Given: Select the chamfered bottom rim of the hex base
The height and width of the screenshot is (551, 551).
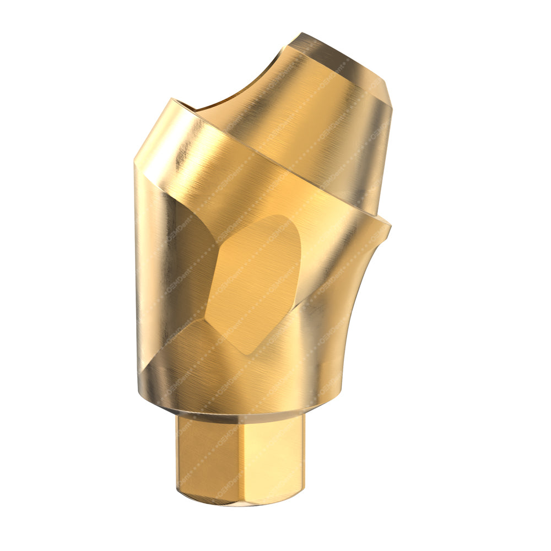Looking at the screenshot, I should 237,501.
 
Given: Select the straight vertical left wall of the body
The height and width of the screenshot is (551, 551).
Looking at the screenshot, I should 146,264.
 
